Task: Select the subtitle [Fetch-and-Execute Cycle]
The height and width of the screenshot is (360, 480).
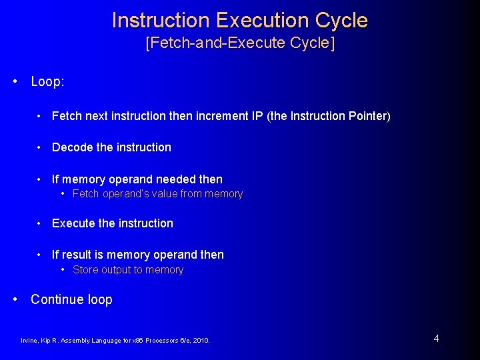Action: [x=240, y=43]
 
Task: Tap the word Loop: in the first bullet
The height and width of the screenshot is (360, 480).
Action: [x=47, y=81]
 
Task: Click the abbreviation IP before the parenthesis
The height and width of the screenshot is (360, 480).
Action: [x=257, y=116]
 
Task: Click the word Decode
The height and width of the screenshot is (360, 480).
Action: [x=72, y=147]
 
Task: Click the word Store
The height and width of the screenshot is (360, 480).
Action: [x=85, y=270]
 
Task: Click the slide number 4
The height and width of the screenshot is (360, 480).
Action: [x=436, y=339]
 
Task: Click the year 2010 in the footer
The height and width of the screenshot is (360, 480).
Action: [x=200, y=341]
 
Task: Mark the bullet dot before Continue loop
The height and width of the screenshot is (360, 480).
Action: [x=15, y=299]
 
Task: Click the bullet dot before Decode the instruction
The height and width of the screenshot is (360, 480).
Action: [x=41, y=147]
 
